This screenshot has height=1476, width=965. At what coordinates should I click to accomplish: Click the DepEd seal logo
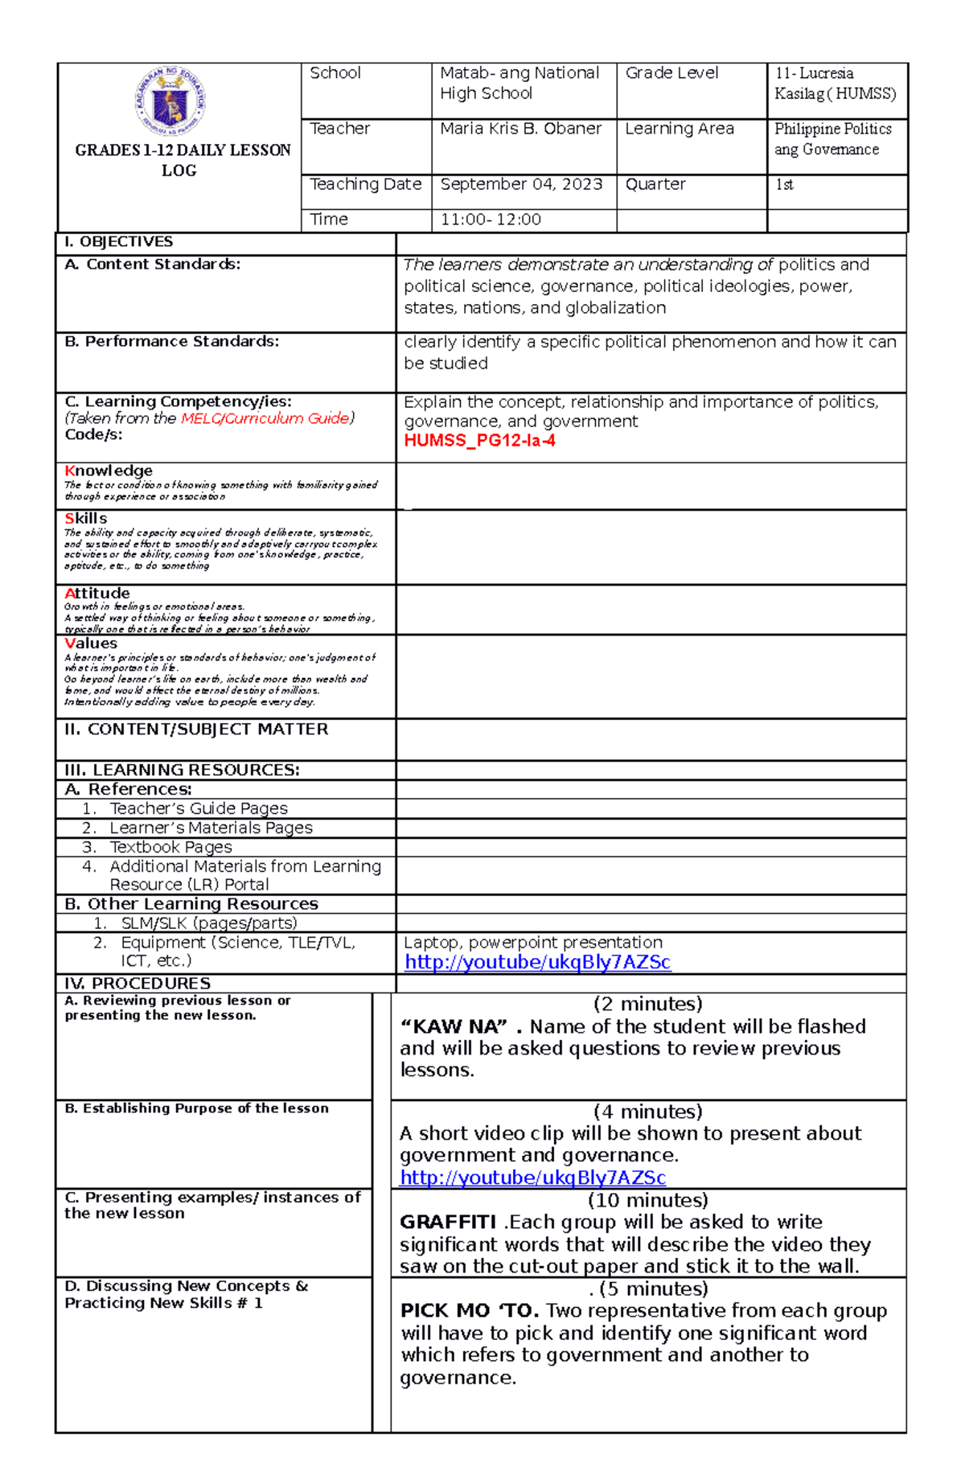(171, 102)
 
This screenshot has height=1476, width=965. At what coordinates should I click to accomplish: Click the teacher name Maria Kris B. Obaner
(520, 129)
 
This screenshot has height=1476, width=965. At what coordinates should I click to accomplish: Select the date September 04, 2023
(520, 184)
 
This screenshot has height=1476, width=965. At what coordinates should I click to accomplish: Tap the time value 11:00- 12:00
(490, 220)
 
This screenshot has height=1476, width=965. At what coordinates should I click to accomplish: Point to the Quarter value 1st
(784, 184)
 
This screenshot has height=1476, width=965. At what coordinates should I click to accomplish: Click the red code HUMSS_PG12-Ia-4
(479, 441)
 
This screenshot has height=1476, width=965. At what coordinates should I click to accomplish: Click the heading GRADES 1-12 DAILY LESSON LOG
(182, 159)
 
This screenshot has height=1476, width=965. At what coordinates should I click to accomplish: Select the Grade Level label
(671, 73)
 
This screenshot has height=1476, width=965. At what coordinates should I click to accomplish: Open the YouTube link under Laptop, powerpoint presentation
(537, 962)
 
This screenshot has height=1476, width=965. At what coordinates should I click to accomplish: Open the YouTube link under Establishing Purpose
(532, 1178)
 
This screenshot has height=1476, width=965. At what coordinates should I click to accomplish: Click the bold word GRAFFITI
(448, 1223)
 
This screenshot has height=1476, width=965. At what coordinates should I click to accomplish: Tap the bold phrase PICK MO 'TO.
(470, 1311)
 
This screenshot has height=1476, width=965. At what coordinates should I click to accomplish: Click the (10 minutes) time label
(648, 1200)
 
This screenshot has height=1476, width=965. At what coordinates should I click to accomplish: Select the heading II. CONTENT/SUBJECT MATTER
(196, 730)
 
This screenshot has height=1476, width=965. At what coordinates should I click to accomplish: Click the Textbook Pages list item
(170, 847)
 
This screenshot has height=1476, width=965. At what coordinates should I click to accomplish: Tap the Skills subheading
(86, 519)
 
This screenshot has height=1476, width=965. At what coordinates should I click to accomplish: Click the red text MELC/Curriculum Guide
(265, 418)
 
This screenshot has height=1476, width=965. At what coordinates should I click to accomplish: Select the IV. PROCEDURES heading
(138, 984)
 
